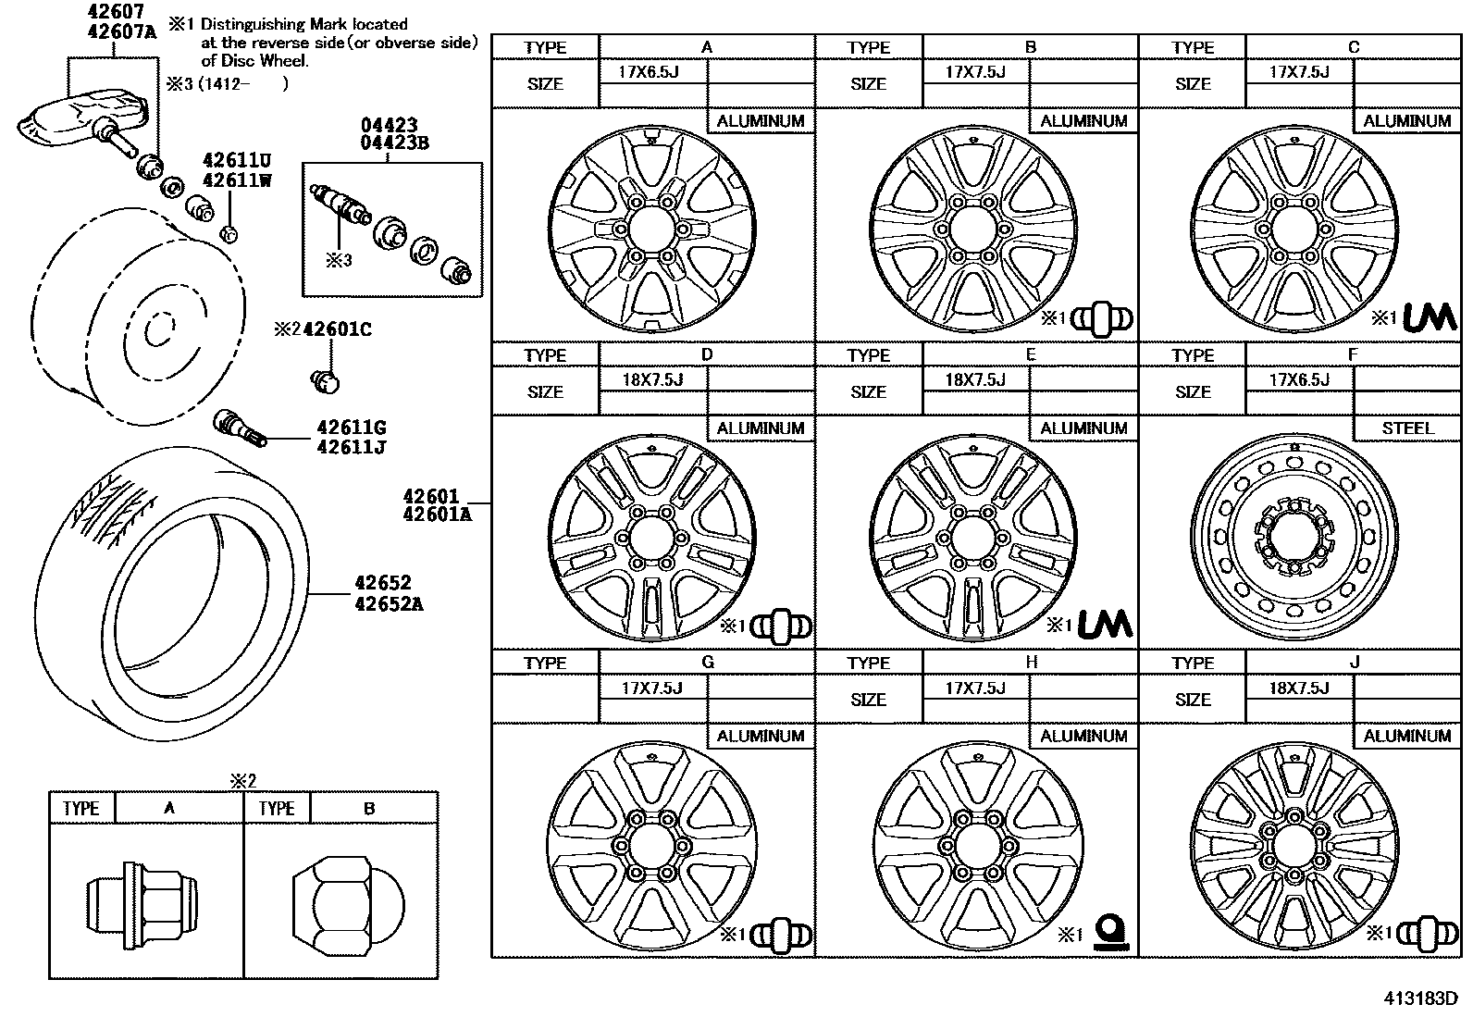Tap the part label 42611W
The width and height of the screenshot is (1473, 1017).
click(x=237, y=180)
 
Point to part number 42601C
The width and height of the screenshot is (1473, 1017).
click(x=338, y=329)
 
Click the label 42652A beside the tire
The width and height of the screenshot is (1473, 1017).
click(x=389, y=604)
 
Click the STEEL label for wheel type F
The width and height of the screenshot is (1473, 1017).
click(x=1407, y=428)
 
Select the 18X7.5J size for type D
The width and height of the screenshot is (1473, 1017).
click(x=652, y=379)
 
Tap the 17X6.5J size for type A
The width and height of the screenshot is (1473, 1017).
click(x=649, y=71)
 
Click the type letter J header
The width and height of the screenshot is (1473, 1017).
click(x=1355, y=662)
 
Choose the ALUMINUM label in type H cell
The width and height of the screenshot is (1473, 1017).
click(x=1083, y=736)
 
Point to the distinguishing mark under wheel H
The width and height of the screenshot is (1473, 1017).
click(x=1108, y=933)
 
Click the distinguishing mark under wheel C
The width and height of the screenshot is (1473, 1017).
click(x=1430, y=317)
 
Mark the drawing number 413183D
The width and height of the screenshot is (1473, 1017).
click(x=1420, y=998)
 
